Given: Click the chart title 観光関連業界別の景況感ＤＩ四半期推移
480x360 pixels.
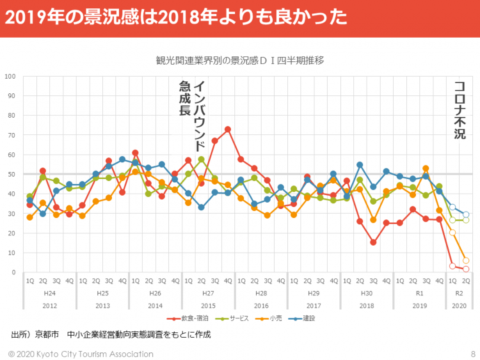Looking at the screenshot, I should [x=240, y=60].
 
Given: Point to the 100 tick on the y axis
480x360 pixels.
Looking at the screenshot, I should [x=10, y=77].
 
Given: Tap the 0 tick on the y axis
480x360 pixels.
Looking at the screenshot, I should [x=13, y=272].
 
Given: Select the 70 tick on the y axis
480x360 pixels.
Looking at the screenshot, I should [x=12, y=136].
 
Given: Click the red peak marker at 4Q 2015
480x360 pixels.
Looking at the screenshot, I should [x=228, y=129].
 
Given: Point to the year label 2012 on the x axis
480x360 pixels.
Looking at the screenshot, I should [x=50, y=305].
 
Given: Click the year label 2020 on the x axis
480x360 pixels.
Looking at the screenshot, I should [x=459, y=305].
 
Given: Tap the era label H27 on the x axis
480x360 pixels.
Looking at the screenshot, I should [x=208, y=293].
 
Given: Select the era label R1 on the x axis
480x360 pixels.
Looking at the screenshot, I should [x=419, y=293].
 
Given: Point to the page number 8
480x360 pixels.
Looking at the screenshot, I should [x=472, y=354].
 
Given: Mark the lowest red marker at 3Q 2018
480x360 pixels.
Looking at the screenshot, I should [x=373, y=242].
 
